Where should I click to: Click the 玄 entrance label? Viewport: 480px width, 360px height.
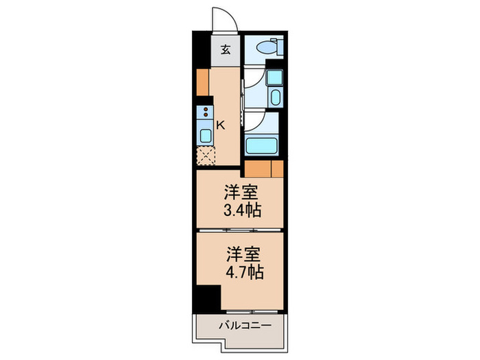tap(226, 50)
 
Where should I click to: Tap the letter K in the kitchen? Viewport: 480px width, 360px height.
tap(221, 125)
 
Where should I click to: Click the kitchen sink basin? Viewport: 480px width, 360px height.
tap(206, 134)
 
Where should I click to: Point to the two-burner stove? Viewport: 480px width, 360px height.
tap(206, 112)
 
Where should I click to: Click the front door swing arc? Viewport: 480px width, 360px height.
tap(223, 19)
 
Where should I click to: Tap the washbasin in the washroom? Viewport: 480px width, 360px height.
tap(275, 95)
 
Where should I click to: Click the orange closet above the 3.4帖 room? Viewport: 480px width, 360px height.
tap(264, 169)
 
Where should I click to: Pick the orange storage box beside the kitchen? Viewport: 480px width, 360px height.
tap(202, 82)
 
